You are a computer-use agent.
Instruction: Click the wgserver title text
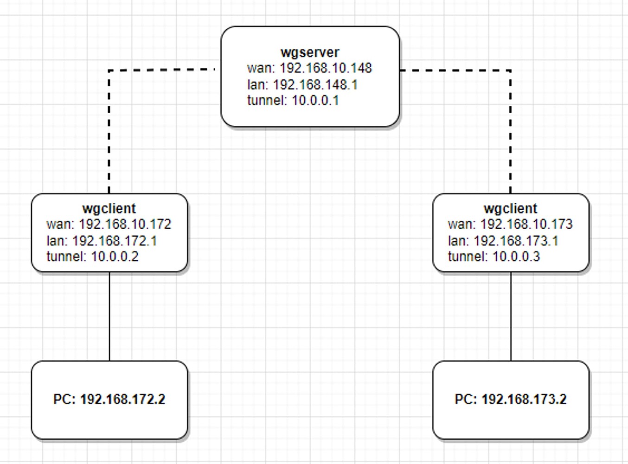pos(310,52)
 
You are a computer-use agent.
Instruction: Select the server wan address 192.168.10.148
pos(326,68)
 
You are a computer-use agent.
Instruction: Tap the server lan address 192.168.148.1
pos(315,84)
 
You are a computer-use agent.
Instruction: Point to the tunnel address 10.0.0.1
pos(315,100)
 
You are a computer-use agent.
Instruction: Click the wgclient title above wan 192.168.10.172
pos(109,208)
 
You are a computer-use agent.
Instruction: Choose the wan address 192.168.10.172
pos(125,225)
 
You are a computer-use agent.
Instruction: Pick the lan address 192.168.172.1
pos(115,241)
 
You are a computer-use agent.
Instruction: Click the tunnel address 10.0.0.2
pos(115,257)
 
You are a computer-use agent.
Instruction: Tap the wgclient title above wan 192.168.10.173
pos(510,208)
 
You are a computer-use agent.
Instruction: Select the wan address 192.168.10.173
pos(526,225)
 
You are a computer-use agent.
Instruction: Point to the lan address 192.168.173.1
pos(516,241)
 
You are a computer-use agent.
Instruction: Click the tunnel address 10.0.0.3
pos(516,257)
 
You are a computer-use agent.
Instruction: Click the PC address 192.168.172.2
pos(122,400)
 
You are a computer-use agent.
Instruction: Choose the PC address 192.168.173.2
pos(524,400)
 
